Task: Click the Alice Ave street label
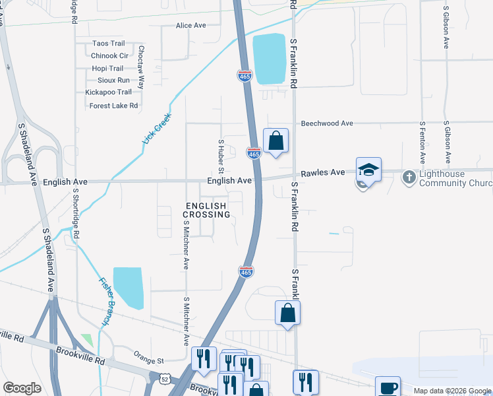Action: tap(190, 26)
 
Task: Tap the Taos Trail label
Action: tap(109, 44)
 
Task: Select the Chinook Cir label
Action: tap(109, 56)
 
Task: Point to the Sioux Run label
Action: tap(113, 80)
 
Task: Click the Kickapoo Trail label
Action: tap(108, 92)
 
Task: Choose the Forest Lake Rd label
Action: tap(113, 106)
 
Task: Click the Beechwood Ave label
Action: tap(327, 123)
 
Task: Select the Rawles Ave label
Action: tap(323, 173)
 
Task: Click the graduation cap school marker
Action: tap(368, 170)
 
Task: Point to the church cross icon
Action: tap(409, 176)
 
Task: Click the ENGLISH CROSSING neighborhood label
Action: tap(206, 211)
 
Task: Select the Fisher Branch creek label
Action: tap(105, 300)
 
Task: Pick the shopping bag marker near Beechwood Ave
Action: tap(275, 141)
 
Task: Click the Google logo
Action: tap(22, 388)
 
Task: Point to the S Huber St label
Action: tap(221, 152)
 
